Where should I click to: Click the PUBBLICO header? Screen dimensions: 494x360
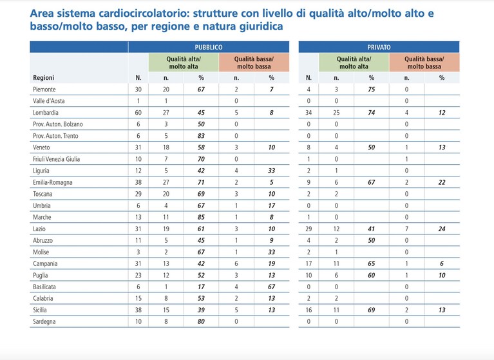tap(209, 47)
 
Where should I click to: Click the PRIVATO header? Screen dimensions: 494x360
tap(379, 47)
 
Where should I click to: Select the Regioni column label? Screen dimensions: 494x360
tap(44, 78)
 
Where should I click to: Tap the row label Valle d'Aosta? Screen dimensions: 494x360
tap(49, 101)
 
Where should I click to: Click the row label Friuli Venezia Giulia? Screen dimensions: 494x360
tap(57, 159)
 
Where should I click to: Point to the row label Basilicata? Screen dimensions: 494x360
tap(44, 287)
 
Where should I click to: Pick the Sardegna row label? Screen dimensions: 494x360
tap(44, 322)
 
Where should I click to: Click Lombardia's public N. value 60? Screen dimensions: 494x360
tap(138, 113)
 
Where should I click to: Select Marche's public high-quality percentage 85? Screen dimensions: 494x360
tap(201, 217)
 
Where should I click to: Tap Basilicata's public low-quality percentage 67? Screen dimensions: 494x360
tap(271, 287)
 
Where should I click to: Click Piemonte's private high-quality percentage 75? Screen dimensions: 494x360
tap(372, 90)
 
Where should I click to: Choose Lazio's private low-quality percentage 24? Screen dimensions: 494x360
tap(442, 229)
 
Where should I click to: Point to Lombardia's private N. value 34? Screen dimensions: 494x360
tap(309, 113)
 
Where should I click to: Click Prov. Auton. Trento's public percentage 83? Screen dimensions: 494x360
tap(201, 136)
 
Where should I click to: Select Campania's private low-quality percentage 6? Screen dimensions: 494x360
tap(442, 263)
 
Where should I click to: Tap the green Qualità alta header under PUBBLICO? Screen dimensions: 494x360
tap(184, 62)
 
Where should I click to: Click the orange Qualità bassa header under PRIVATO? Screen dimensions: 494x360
tap(424, 62)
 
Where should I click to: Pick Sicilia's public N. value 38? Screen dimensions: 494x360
tap(138, 310)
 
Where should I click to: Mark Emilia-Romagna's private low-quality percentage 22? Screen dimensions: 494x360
tap(442, 182)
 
